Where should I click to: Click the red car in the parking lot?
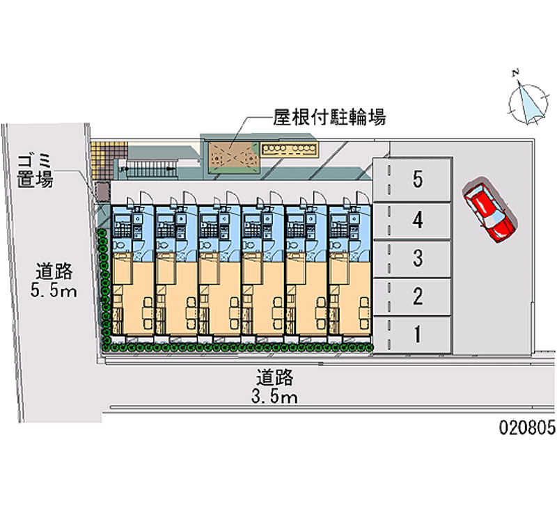pos(489,212)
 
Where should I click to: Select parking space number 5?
pos(417,180)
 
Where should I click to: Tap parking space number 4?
pos(417,221)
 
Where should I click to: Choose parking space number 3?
pos(417,259)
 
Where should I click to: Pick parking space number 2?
pos(417,297)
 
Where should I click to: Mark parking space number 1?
pos(417,335)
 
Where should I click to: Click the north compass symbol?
pos(527,103)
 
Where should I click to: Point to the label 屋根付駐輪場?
pos(329,116)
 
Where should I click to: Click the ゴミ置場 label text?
pos(34,171)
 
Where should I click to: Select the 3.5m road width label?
pos(276,388)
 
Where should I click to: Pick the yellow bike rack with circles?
pos(289,148)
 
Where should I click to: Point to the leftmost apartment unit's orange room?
pos(130,296)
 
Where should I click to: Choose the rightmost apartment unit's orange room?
pos(347,296)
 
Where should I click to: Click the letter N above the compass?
pos(515,72)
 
